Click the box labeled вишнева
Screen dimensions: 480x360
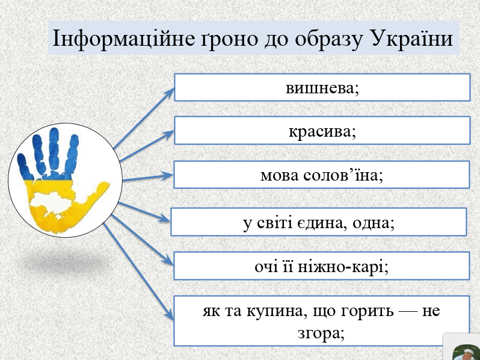click(x=322, y=87)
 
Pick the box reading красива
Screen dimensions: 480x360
click(x=322, y=130)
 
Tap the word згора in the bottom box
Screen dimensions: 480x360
click(x=321, y=333)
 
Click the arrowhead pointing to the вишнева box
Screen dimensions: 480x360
click(x=169, y=93)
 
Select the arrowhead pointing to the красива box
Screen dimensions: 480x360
click(x=169, y=134)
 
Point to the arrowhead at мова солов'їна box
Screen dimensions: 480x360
click(x=168, y=176)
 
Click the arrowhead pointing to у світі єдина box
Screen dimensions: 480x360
click(x=164, y=218)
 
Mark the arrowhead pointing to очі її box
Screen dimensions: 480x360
click(x=168, y=261)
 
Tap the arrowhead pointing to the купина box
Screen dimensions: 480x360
click(x=170, y=315)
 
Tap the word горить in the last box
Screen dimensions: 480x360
click(x=367, y=311)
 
